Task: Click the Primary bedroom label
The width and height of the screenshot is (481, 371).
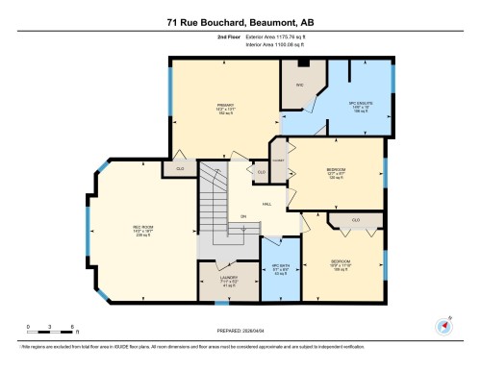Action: tap(226, 109)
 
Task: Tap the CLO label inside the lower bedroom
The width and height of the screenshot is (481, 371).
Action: tap(355, 221)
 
